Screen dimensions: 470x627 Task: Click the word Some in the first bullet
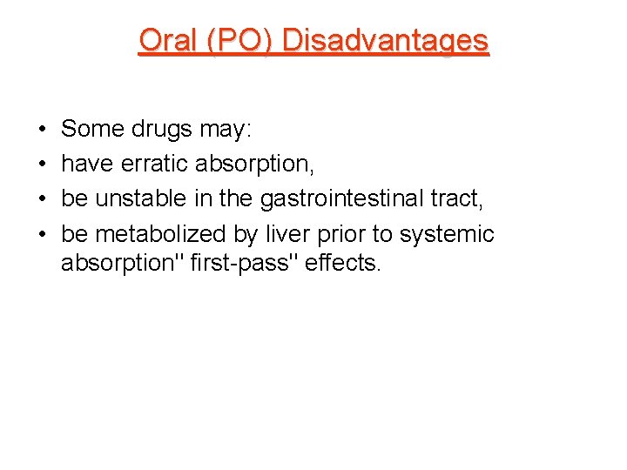point(93,130)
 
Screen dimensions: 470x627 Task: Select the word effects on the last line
point(343,261)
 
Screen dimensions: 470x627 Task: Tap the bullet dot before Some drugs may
point(42,131)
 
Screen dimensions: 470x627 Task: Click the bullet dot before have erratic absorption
point(42,164)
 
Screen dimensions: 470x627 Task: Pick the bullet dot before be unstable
point(42,199)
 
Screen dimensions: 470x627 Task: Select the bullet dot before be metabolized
point(42,234)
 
